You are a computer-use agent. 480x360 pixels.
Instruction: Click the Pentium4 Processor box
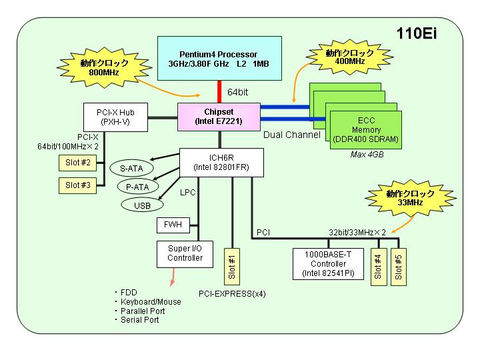click(x=219, y=58)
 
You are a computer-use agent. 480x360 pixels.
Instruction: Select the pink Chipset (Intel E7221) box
click(x=219, y=117)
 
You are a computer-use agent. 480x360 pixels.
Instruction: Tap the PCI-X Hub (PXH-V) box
click(x=115, y=117)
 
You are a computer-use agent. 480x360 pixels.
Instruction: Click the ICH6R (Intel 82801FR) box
click(x=221, y=163)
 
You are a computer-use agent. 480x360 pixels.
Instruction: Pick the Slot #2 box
click(x=78, y=163)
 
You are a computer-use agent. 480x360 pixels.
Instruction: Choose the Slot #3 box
click(x=78, y=185)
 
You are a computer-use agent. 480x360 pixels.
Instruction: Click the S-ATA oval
click(x=131, y=168)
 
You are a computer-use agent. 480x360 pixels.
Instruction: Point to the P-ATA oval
click(x=138, y=187)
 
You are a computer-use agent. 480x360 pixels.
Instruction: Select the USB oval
click(x=142, y=205)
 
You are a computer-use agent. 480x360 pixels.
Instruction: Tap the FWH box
click(x=173, y=225)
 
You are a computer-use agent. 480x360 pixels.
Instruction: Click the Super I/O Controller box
click(x=185, y=254)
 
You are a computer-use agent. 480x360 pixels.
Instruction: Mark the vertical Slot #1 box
click(x=232, y=267)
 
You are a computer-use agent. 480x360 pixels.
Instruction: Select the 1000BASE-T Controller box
click(x=328, y=264)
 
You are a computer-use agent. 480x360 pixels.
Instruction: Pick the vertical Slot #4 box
click(x=379, y=267)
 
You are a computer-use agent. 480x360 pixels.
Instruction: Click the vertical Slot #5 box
click(x=399, y=267)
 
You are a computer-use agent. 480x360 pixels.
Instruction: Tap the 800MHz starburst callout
click(x=104, y=67)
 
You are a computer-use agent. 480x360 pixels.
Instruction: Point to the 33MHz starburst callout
click(x=410, y=199)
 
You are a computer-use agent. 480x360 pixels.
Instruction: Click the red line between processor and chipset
click(x=219, y=91)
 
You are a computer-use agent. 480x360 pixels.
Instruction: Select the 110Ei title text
click(x=417, y=33)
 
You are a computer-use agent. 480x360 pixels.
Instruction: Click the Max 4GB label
click(x=367, y=155)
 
